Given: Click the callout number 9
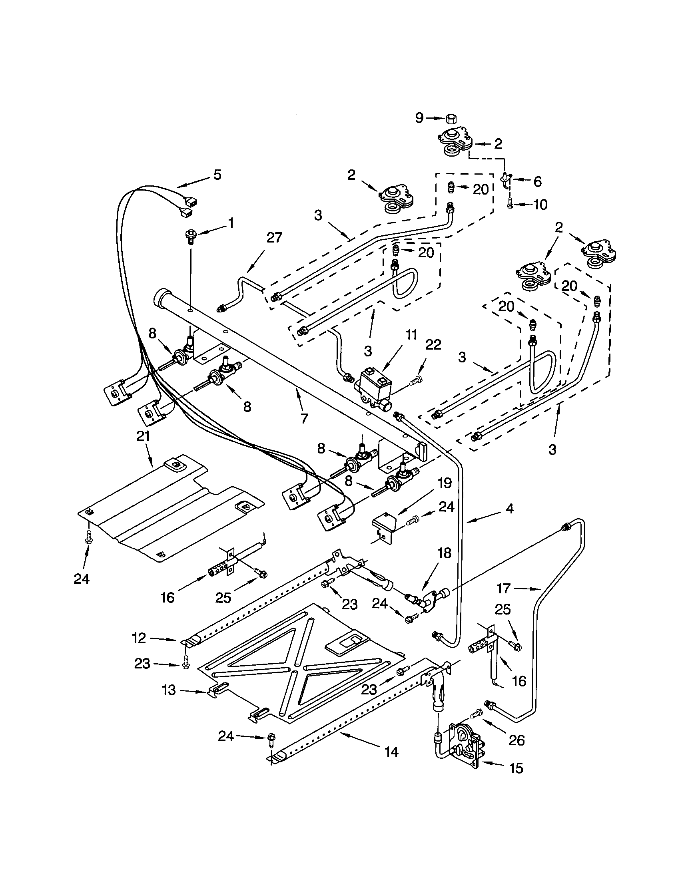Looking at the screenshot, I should click(419, 117).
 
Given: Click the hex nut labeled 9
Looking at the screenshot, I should click(451, 118).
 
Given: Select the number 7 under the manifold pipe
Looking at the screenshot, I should click(304, 419).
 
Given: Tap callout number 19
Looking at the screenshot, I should click(445, 483).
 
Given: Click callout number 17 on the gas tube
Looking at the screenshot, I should click(504, 589).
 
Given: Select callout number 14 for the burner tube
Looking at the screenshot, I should click(391, 752).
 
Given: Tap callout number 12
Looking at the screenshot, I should click(139, 638).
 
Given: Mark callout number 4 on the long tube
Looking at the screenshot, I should click(510, 509).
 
